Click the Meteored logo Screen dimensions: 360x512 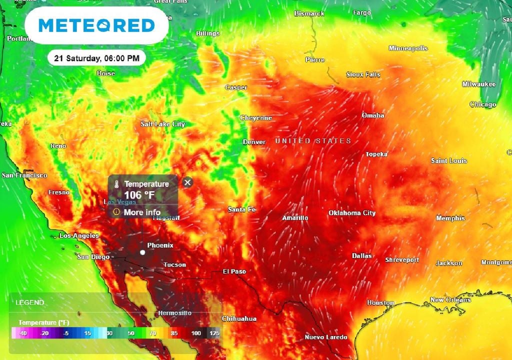tap(96, 25)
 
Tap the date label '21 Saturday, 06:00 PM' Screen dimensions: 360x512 tap(96, 58)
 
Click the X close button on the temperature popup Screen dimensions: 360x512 tap(187, 182)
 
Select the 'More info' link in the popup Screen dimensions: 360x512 tap(142, 212)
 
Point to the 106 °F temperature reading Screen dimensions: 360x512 tap(139, 195)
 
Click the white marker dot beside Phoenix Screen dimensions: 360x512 tap(142, 252)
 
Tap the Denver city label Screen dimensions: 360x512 tap(254, 142)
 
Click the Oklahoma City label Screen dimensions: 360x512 tap(352, 213)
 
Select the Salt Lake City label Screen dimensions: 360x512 tap(162, 124)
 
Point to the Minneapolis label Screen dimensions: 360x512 tap(408, 48)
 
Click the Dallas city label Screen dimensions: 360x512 tap(362, 255)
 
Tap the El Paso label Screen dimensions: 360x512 tap(234, 271)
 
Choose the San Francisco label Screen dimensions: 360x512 tap(24, 175)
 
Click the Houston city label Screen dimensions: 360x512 tap(380, 302)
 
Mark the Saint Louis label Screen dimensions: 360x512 tap(449, 160)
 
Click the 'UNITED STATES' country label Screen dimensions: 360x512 tap(313, 141)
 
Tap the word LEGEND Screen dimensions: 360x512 tap(30, 302)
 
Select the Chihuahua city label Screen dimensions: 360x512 tap(239, 318)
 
